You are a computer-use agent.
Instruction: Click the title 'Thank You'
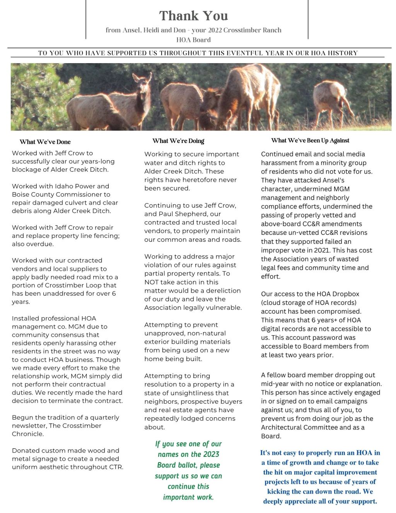pos(193,16)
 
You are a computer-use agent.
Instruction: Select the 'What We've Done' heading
pos(45,142)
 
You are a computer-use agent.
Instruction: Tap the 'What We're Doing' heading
pos(178,141)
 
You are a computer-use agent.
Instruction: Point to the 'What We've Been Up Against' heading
pos(310,141)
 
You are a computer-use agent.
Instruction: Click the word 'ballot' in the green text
pos(188,465)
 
